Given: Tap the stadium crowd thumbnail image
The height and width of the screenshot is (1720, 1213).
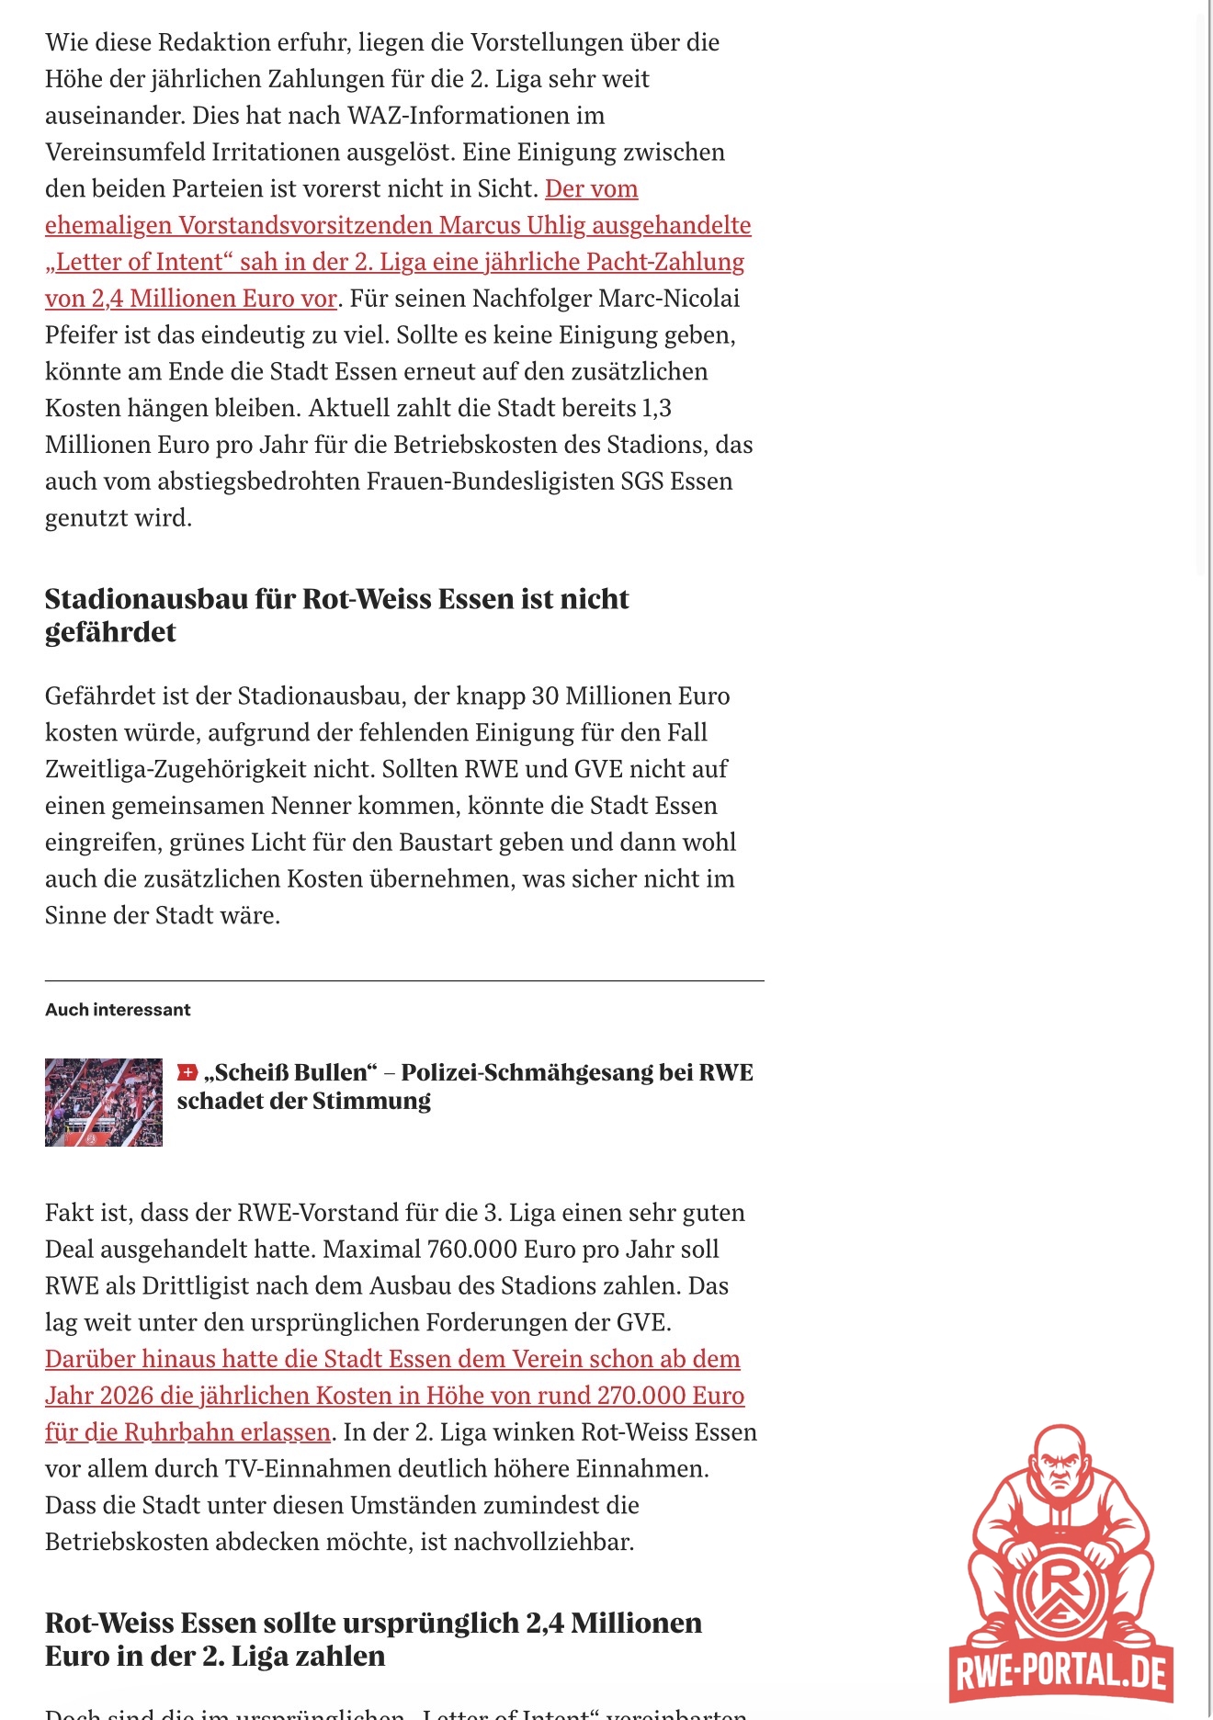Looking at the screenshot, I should tap(104, 1102).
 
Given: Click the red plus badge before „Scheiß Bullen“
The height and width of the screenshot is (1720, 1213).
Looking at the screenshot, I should tap(187, 1072).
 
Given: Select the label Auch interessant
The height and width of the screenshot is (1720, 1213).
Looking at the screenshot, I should tap(118, 1010).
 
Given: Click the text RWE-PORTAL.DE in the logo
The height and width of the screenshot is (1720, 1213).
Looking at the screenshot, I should tap(1060, 1671).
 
